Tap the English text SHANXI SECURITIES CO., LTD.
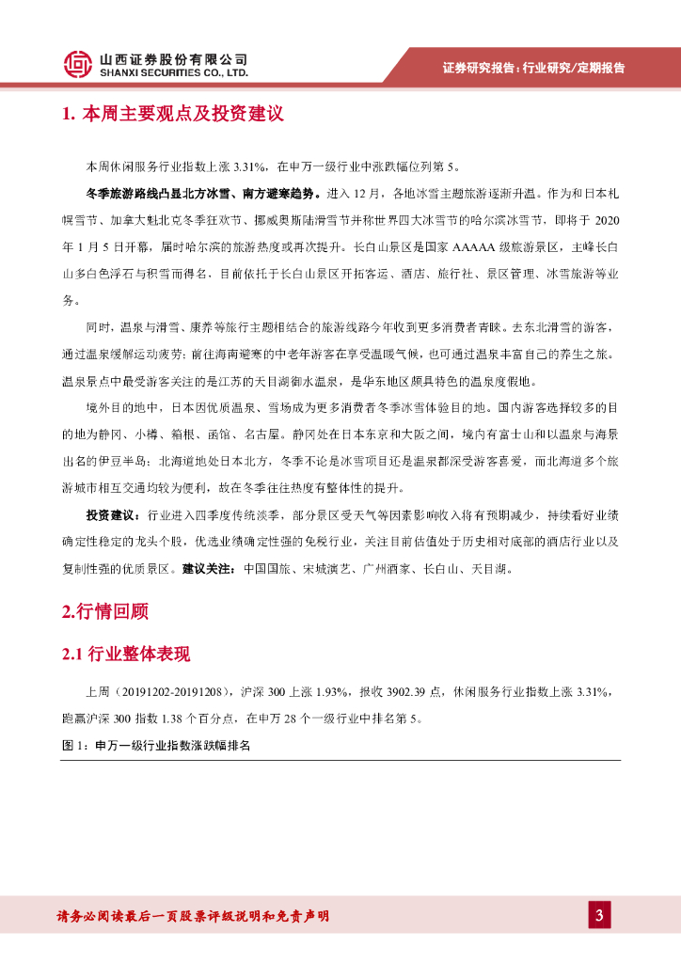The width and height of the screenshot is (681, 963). coord(174,71)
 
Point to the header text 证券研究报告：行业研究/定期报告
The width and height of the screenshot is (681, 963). coord(533,68)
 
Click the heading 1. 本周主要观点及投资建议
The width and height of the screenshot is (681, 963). coord(172,115)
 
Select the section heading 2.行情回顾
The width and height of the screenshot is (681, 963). coord(104,611)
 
